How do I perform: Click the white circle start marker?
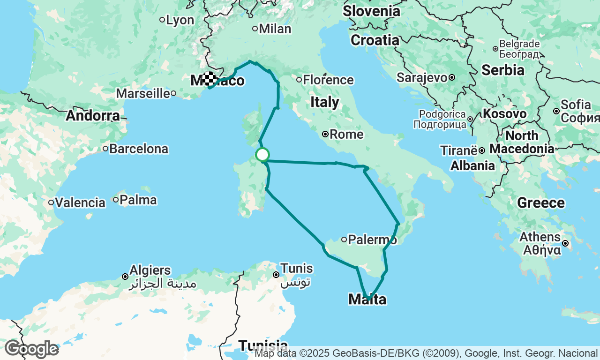coord(262,155)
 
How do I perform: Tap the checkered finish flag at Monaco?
coord(210,78)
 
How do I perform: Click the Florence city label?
coord(328,80)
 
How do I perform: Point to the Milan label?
coord(275,29)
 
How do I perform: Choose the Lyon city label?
coord(180,20)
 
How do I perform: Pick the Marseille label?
coord(142,93)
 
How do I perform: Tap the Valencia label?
coord(80,203)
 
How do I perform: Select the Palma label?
coord(138,200)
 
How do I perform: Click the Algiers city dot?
coord(125,277)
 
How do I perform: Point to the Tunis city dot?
coord(277,275)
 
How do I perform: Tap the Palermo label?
coord(373,240)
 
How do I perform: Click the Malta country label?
coord(367,299)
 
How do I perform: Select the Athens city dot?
coord(566,243)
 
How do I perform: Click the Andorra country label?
coord(93,116)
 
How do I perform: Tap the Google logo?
coord(31,349)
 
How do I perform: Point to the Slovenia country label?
coord(372,11)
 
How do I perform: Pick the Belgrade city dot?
coord(495,49)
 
